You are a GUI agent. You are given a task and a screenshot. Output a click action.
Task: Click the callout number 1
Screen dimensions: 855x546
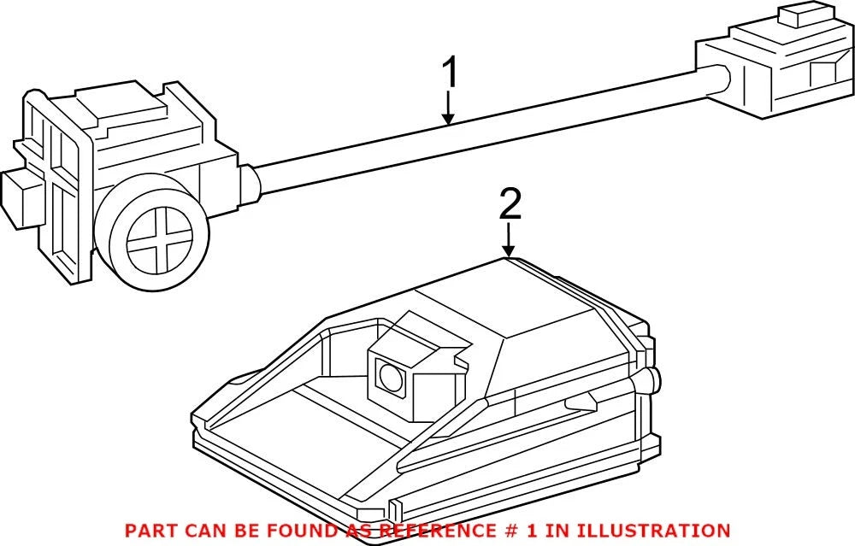pos(450,73)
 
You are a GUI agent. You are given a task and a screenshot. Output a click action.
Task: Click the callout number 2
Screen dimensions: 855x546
pos(510,204)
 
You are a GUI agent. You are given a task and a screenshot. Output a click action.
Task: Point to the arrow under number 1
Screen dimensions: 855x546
pos(448,108)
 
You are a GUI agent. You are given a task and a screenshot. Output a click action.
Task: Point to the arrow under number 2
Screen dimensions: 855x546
pos(509,239)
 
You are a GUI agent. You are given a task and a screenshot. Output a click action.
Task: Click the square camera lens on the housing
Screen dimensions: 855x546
pos(391,376)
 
